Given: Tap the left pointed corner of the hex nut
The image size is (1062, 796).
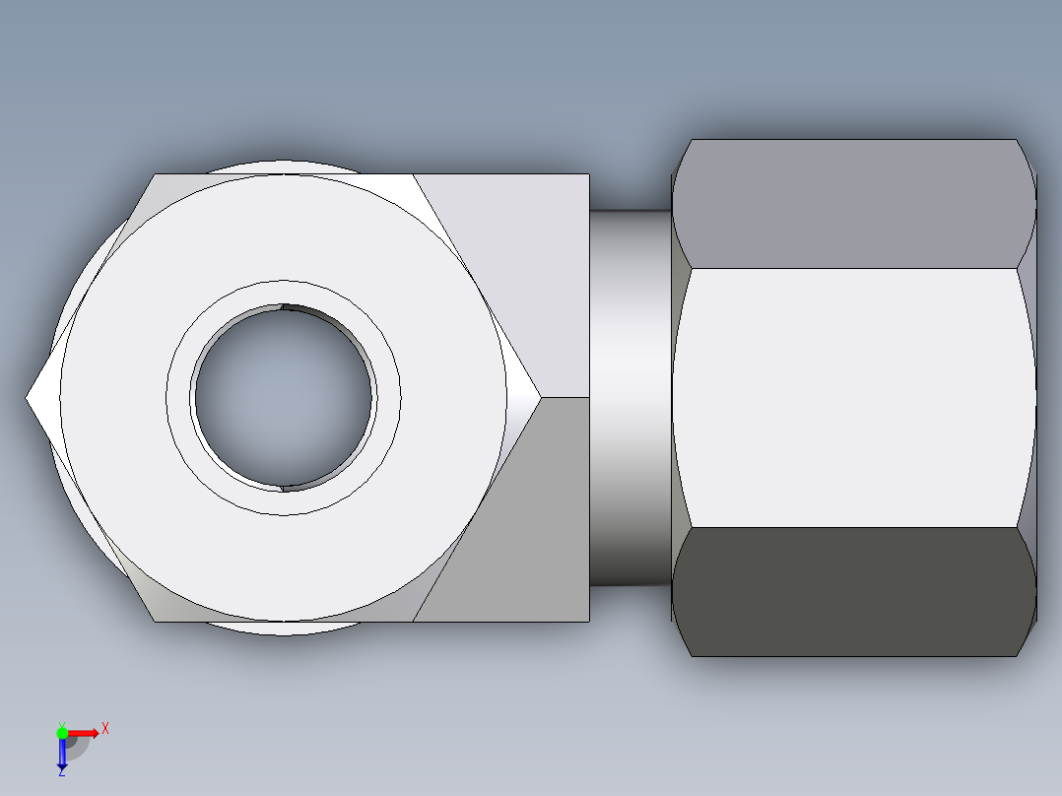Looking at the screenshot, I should (x=29, y=398).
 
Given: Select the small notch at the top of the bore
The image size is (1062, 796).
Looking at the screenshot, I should (x=284, y=306).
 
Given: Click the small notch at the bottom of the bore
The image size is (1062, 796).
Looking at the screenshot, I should (x=284, y=487).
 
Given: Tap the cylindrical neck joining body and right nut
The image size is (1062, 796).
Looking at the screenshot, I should (x=631, y=398).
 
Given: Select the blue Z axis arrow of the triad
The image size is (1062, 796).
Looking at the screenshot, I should (x=61, y=754).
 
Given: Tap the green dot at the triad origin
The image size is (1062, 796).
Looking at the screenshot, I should (x=62, y=732).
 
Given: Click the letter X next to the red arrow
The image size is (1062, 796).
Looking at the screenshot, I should (x=104, y=729).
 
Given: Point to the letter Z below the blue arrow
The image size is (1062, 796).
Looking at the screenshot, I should (x=61, y=772).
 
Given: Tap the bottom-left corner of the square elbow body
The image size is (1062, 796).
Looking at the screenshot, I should (x=155, y=621).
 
